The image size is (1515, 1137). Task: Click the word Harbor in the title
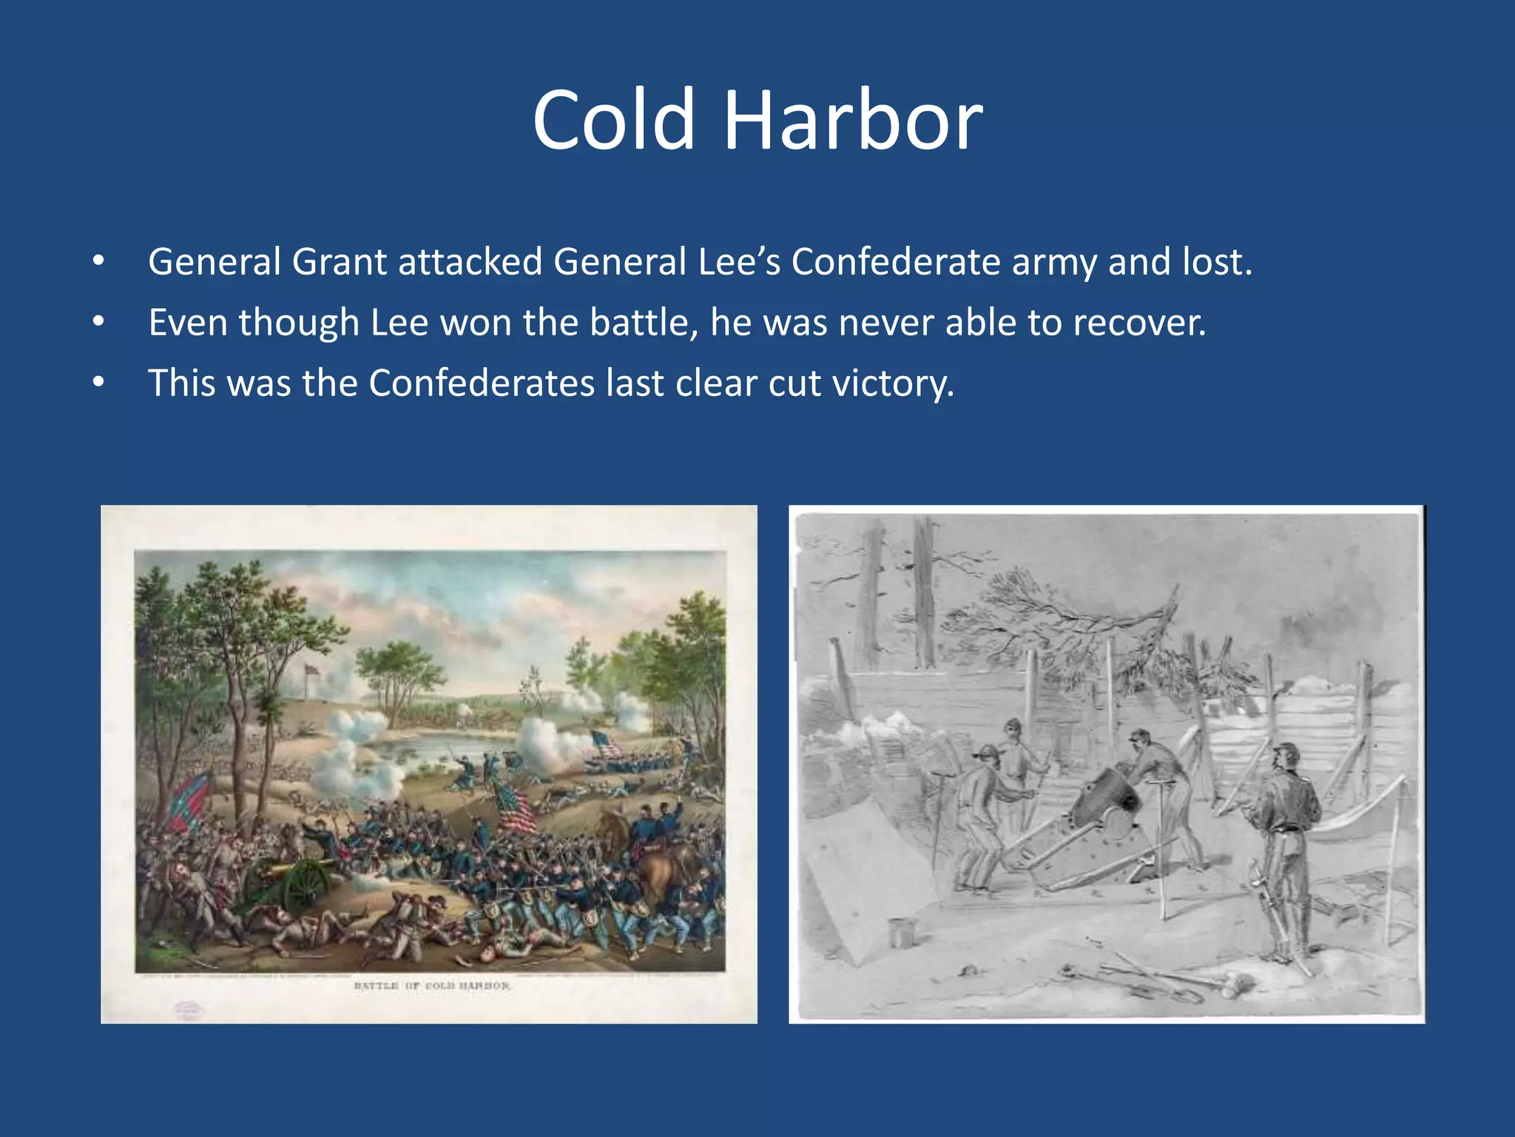pyautogui.click(x=853, y=120)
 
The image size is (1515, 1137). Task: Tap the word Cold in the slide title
pyautogui.click(x=614, y=120)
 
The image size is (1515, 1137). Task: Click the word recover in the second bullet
pyautogui.click(x=1138, y=323)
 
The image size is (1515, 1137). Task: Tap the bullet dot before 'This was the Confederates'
pyautogui.click(x=99, y=383)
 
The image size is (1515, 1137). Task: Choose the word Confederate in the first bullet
pyautogui.click(x=896, y=262)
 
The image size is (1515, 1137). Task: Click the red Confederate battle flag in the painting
pyautogui.click(x=190, y=799)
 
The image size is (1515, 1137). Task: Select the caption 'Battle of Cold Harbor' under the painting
pyautogui.click(x=432, y=986)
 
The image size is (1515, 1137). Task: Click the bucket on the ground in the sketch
pyautogui.click(x=902, y=932)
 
